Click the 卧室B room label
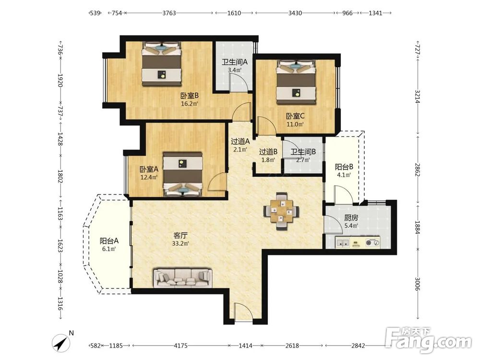pyautogui.click(x=190, y=96)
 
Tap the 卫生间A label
pyautogui.click(x=235, y=62)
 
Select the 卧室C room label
pyautogui.click(x=295, y=116)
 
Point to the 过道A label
pyautogui.click(x=240, y=142)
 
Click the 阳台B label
pyautogui.click(x=344, y=167)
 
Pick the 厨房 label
pyautogui.click(x=351, y=218)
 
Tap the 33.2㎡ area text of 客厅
pyautogui.click(x=180, y=244)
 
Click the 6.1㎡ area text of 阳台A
pyautogui.click(x=109, y=249)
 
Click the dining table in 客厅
pyautogui.click(x=281, y=211)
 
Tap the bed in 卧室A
pyautogui.click(x=183, y=174)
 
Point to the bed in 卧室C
pyautogui.click(x=296, y=83)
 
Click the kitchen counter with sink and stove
pyautogui.click(x=358, y=242)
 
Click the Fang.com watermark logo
pyautogui.click(x=429, y=340)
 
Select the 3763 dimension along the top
pyautogui.click(x=169, y=13)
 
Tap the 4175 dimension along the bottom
pyautogui.click(x=180, y=346)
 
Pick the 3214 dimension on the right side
pyautogui.click(x=418, y=96)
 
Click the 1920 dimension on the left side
pyautogui.click(x=60, y=80)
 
